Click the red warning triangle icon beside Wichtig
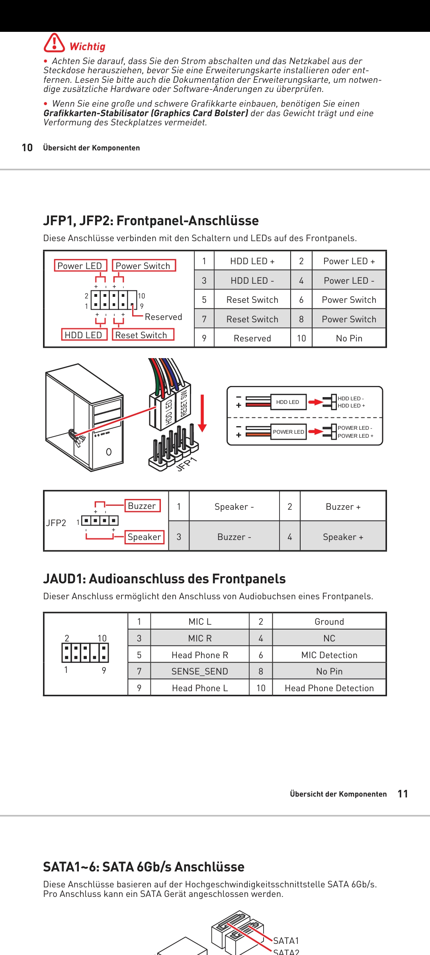(54, 43)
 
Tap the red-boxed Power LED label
(80, 266)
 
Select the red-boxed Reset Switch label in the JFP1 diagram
(141, 335)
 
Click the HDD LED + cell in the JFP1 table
(252, 261)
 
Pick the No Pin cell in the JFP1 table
(349, 338)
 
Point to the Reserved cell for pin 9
(252, 338)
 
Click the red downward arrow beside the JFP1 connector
(202, 414)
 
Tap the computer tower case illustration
(85, 418)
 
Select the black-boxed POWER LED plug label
(288, 432)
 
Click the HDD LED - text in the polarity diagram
(350, 398)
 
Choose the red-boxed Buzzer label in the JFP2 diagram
(142, 506)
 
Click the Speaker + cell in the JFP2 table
(343, 537)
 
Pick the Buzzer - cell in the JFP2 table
(234, 537)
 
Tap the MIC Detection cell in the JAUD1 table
(329, 655)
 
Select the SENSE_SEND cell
(199, 671)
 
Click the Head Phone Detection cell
(329, 688)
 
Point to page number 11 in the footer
(403, 794)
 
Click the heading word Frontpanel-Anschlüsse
(188, 221)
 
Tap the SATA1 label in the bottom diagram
(286, 941)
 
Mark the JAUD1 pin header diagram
(85, 653)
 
